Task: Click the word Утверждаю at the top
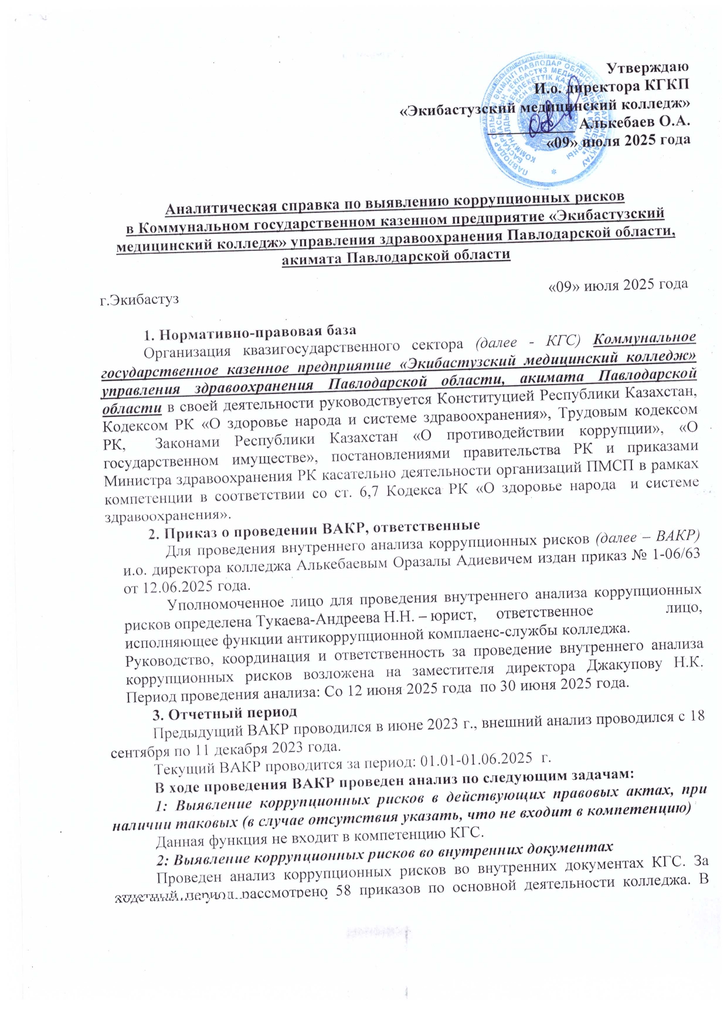[x=647, y=67]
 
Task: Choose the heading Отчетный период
[x=233, y=712]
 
